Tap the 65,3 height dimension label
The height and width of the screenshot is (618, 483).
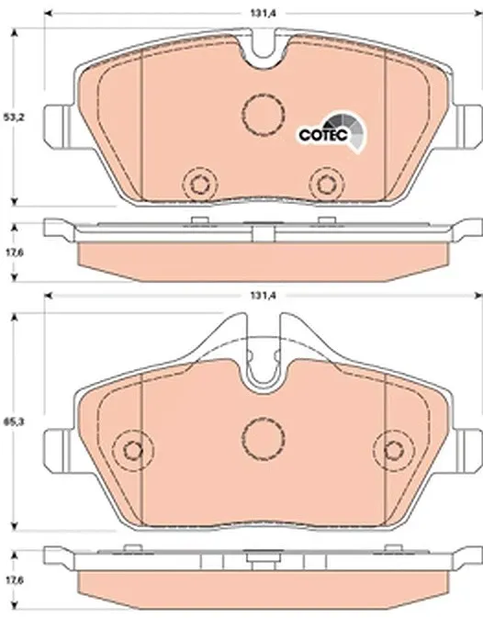14,421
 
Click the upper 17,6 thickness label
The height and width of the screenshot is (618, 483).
14,253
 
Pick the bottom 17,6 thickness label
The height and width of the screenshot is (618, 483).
14,580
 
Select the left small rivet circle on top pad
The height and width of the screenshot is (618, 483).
200,184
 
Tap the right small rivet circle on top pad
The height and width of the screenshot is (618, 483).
327,184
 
